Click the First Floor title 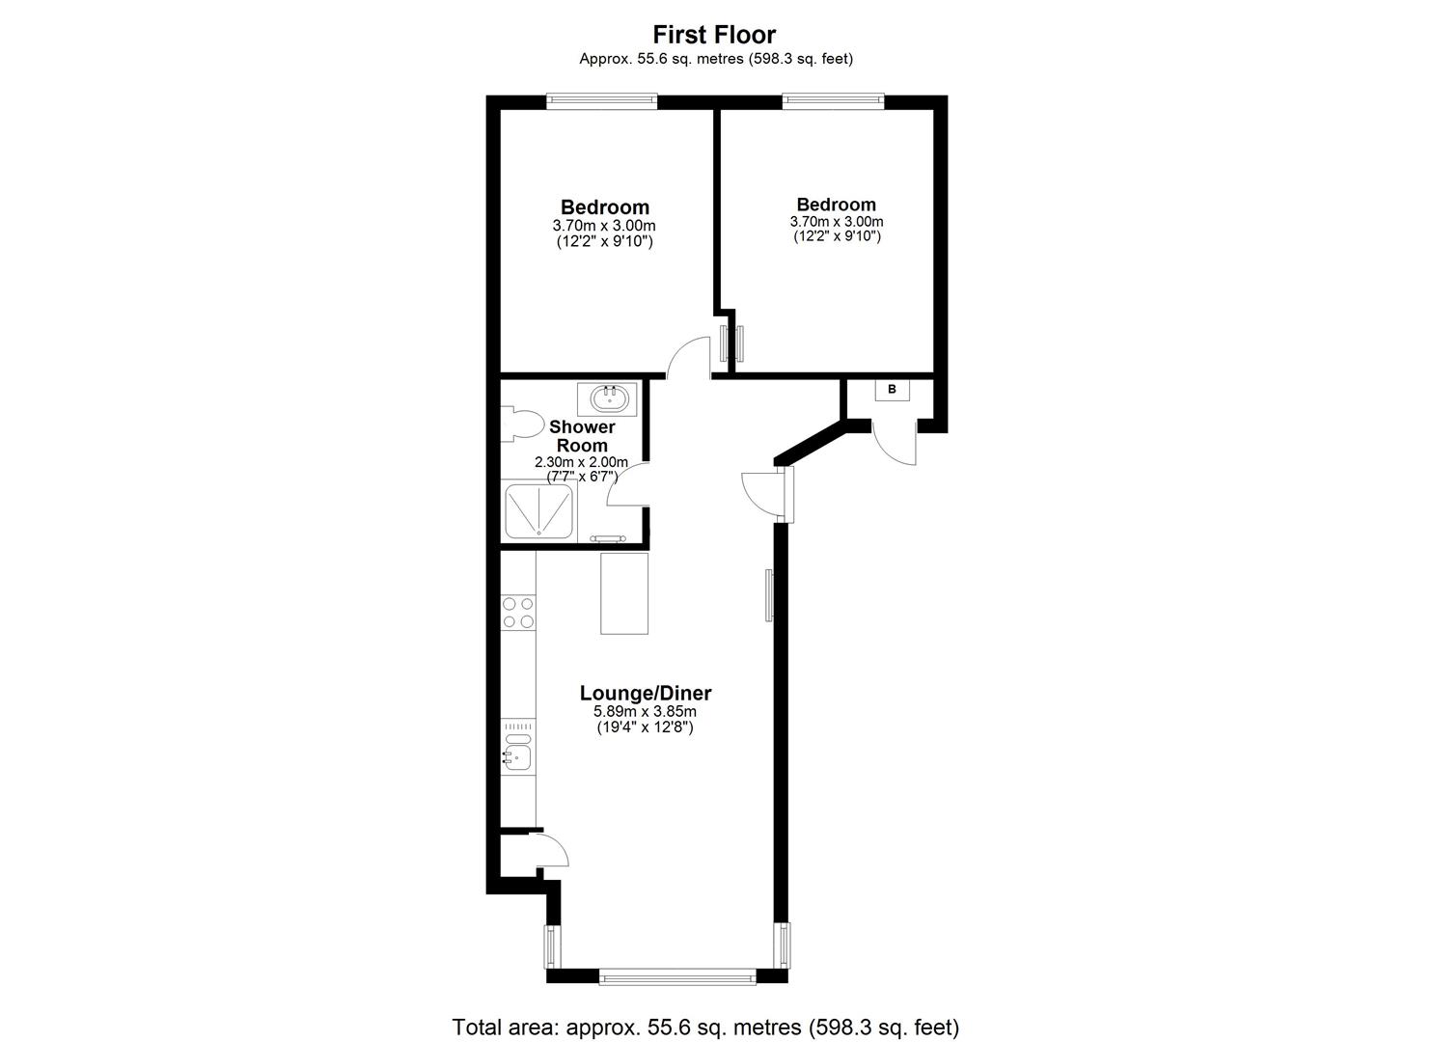pos(714,35)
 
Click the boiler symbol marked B pos(892,390)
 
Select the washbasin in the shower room pos(608,398)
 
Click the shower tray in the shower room pos(538,510)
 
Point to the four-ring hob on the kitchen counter pos(518,613)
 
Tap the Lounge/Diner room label pos(645,693)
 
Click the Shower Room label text pos(582,436)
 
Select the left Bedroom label pos(605,207)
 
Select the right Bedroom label pos(836,205)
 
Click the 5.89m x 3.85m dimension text pos(645,712)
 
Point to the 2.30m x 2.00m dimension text pos(582,462)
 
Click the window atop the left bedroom pos(601,98)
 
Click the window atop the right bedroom pos(833,98)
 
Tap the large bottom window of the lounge pos(676,976)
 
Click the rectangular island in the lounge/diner pos(624,592)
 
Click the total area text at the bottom pos(705,1027)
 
